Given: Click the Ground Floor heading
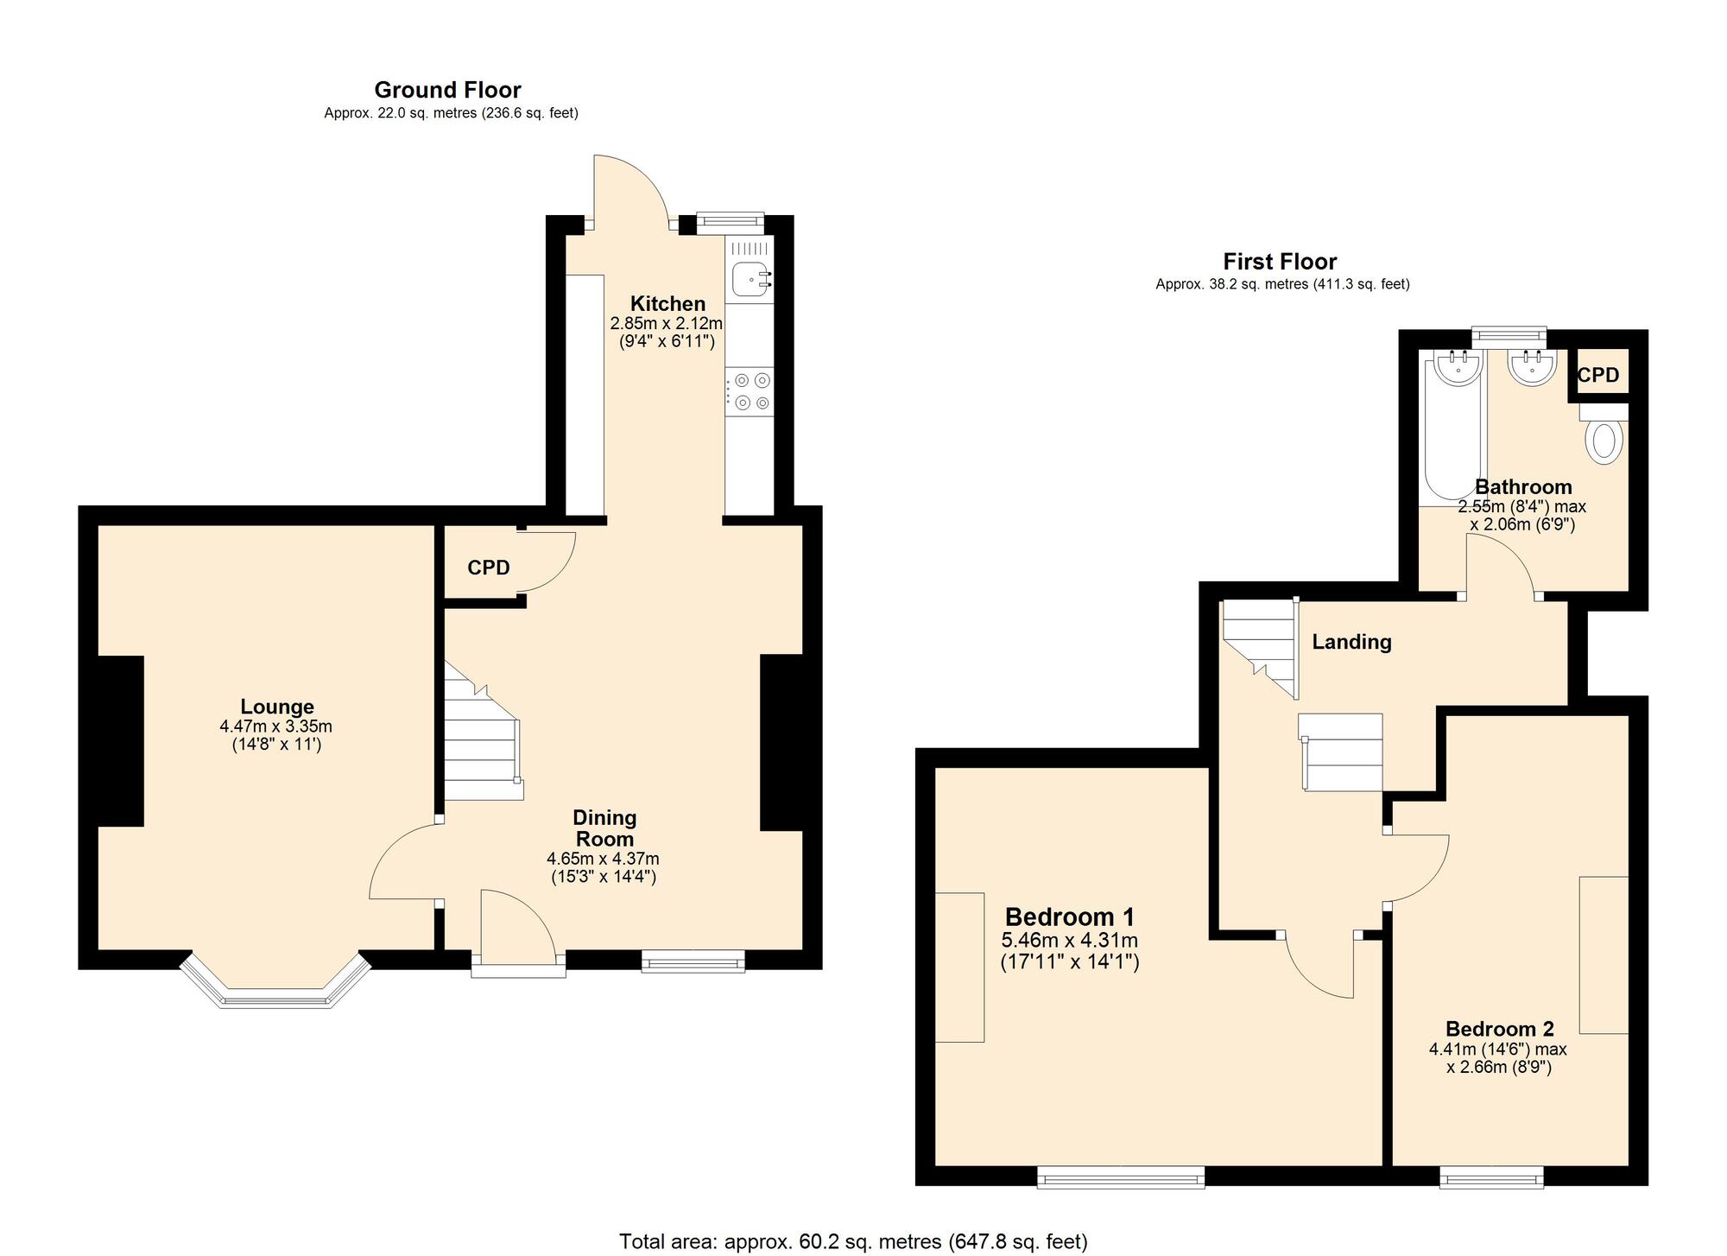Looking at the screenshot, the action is click(x=447, y=90).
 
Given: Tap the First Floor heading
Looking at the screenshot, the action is click(x=1280, y=262).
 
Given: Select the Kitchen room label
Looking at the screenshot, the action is click(x=667, y=304).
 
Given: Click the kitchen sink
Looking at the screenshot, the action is click(x=750, y=279).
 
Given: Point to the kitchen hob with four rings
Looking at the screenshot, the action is click(x=750, y=391).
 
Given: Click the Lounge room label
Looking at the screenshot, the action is click(x=277, y=707).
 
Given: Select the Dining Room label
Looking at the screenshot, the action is click(x=605, y=828).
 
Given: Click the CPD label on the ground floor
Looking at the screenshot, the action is click(x=489, y=568).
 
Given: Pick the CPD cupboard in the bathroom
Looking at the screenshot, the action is click(x=1598, y=375).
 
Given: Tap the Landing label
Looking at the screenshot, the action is click(x=1352, y=642).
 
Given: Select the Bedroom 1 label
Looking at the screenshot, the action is click(x=1070, y=917).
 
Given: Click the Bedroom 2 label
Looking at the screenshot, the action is click(x=1500, y=1029).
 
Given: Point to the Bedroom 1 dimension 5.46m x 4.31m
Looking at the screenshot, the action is click(x=1070, y=941).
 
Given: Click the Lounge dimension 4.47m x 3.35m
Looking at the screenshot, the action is click(x=276, y=727).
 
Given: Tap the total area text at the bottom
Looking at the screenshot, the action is click(x=853, y=1242).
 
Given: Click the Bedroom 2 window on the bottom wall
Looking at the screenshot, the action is click(x=1492, y=1177).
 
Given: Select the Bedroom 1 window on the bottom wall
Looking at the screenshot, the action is click(x=1121, y=1177).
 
